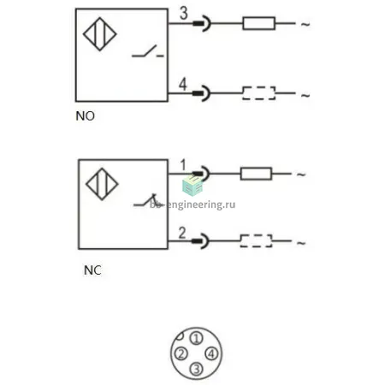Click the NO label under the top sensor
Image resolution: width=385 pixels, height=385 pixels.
click(x=85, y=116)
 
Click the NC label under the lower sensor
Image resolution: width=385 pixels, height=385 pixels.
click(x=92, y=270)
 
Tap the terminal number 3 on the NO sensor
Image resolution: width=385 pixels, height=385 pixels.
click(x=184, y=13)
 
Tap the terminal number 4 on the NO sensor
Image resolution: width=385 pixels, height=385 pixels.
click(x=183, y=84)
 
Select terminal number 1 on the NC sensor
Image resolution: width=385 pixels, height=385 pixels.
click(x=183, y=165)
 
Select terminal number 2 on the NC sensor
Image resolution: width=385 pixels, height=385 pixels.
click(x=182, y=233)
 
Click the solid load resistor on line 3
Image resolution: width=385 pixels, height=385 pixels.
click(x=259, y=23)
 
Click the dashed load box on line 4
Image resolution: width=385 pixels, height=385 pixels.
click(x=259, y=93)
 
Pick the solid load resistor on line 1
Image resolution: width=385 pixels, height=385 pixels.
click(x=256, y=174)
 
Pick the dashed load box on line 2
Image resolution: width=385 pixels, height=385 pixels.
click(x=256, y=241)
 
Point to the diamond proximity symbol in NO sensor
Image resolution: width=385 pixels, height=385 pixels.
click(x=100, y=34)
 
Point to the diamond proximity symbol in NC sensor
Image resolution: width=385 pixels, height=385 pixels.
click(x=102, y=184)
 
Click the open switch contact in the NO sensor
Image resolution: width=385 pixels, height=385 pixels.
click(x=148, y=51)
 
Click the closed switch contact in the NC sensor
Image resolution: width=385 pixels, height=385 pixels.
click(x=148, y=200)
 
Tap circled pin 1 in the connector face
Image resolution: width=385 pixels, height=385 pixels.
click(x=196, y=339)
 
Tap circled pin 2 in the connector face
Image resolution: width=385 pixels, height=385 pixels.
click(x=181, y=353)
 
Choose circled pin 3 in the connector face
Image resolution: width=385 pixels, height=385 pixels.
click(x=196, y=369)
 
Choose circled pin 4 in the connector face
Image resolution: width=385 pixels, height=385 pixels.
click(x=211, y=353)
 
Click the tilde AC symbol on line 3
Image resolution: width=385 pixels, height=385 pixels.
click(x=305, y=25)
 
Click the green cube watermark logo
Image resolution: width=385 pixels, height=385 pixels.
click(x=192, y=186)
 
